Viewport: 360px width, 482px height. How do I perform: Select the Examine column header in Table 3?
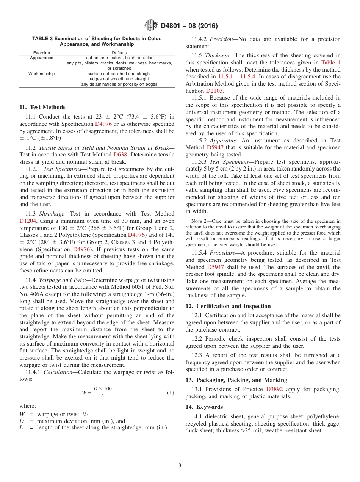(41, 53)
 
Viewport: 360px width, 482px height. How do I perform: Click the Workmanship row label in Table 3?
(41, 74)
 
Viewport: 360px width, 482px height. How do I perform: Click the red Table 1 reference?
(330, 63)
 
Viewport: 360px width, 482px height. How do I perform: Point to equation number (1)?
(171, 393)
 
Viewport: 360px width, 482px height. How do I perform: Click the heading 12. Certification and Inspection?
(228, 306)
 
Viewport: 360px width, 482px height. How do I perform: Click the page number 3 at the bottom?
(180, 466)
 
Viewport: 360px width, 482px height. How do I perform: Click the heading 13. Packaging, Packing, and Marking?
(236, 380)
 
